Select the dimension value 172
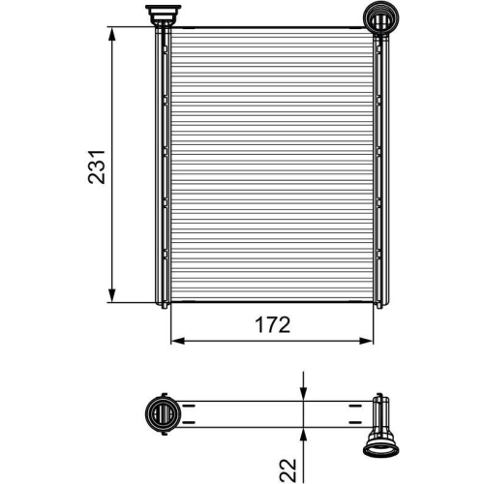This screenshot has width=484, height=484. tap(272, 325)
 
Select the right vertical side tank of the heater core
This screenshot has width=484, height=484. tap(378, 165)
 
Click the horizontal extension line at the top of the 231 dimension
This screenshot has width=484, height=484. tap(131, 26)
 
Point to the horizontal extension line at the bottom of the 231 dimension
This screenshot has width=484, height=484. tap(131, 302)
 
